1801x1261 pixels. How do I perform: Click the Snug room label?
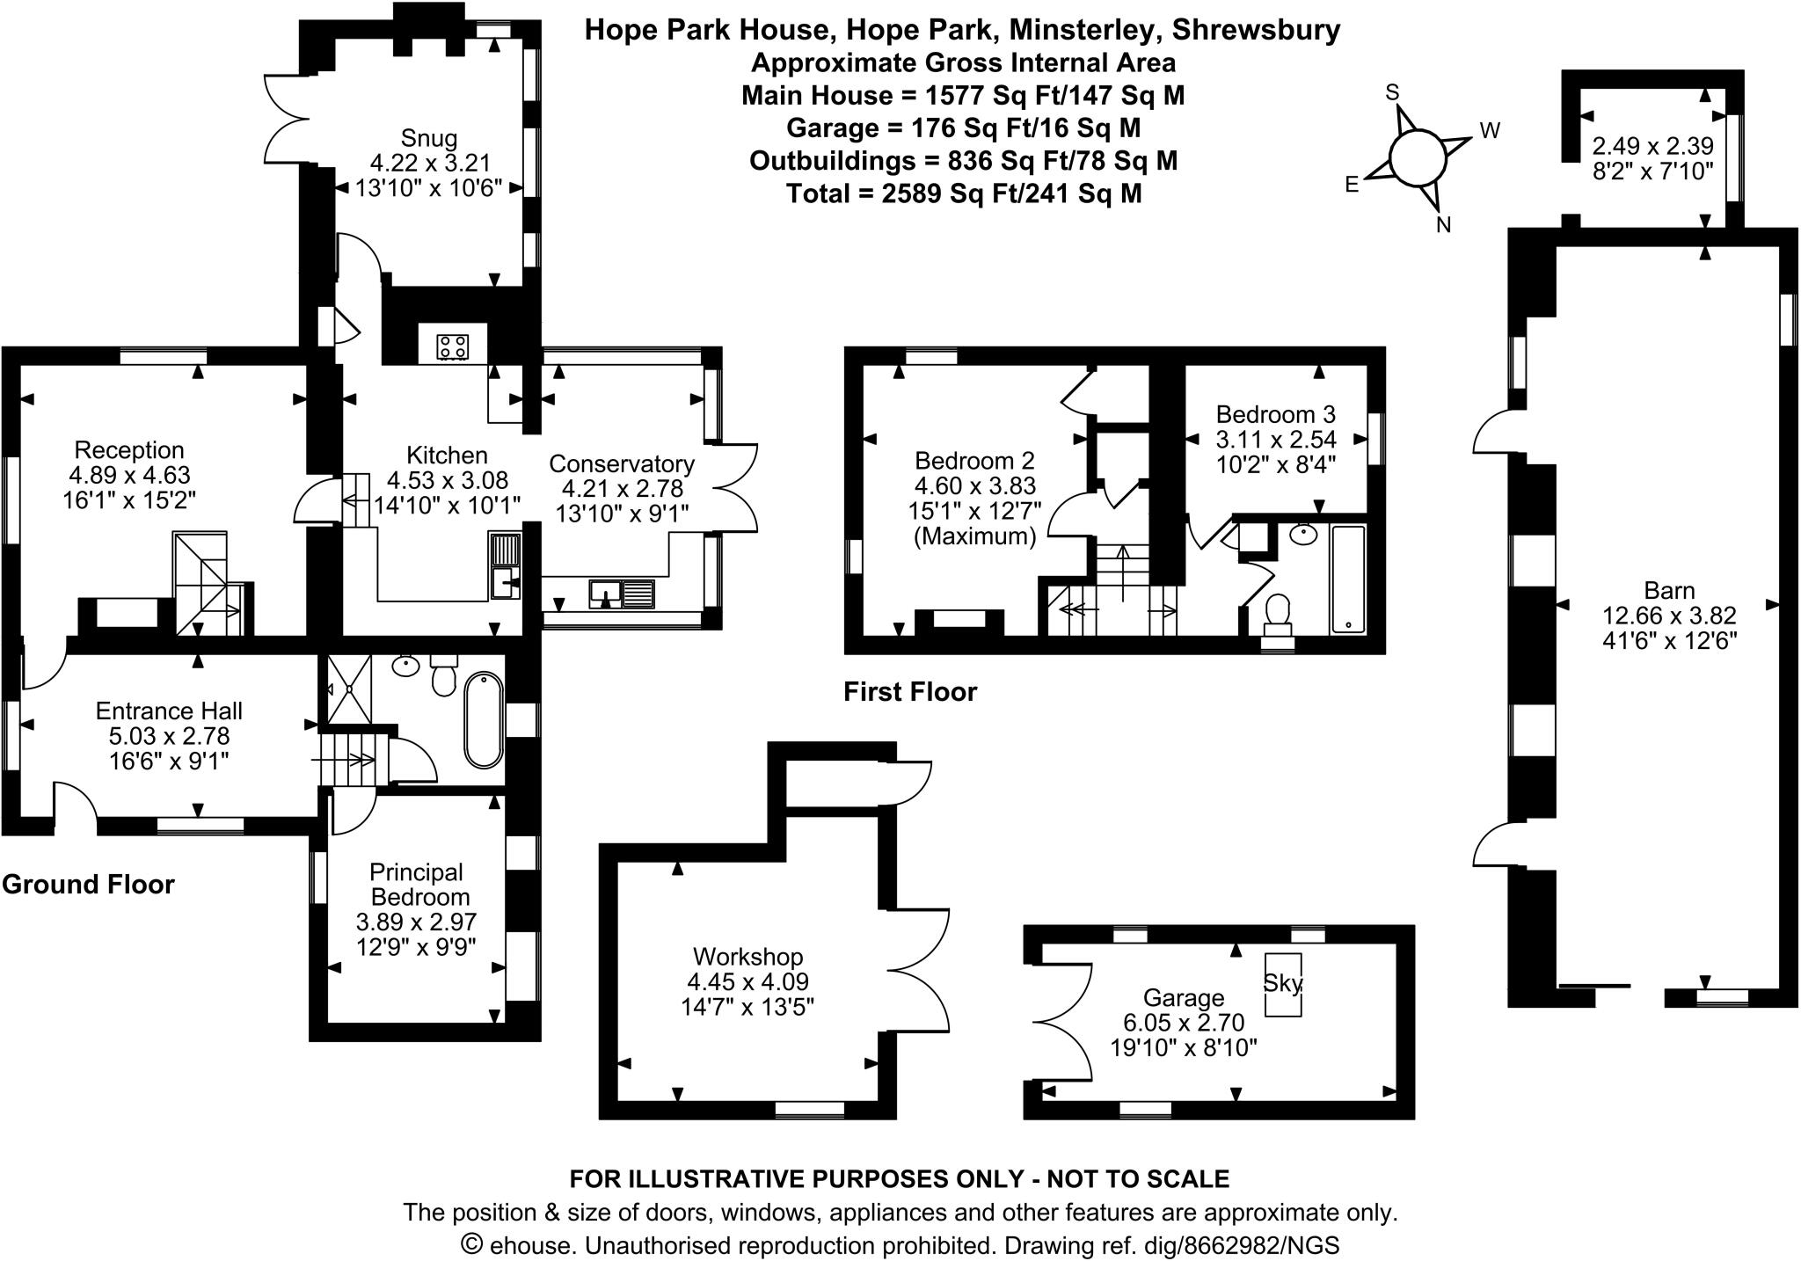pos(428,138)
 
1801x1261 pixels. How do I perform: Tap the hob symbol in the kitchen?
pos(453,346)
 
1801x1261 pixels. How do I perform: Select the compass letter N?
pos(1443,225)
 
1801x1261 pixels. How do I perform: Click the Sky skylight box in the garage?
pos(1282,984)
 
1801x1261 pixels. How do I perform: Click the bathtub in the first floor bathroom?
pos(1347,578)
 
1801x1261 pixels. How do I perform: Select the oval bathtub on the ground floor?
pos(484,720)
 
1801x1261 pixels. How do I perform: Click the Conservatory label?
pos(621,463)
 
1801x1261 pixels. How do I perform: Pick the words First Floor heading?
pos(910,692)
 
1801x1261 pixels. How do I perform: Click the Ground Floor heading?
pos(88,884)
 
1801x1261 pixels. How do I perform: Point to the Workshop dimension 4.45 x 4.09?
pos(747,981)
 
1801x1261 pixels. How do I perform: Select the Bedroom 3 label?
pos(1275,414)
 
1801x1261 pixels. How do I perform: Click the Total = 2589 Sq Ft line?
pos(963,193)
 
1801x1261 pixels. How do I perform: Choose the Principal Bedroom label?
pos(416,884)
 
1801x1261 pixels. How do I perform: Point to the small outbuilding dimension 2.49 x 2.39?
pos(1652,145)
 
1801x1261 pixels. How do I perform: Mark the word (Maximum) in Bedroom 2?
pos(975,536)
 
